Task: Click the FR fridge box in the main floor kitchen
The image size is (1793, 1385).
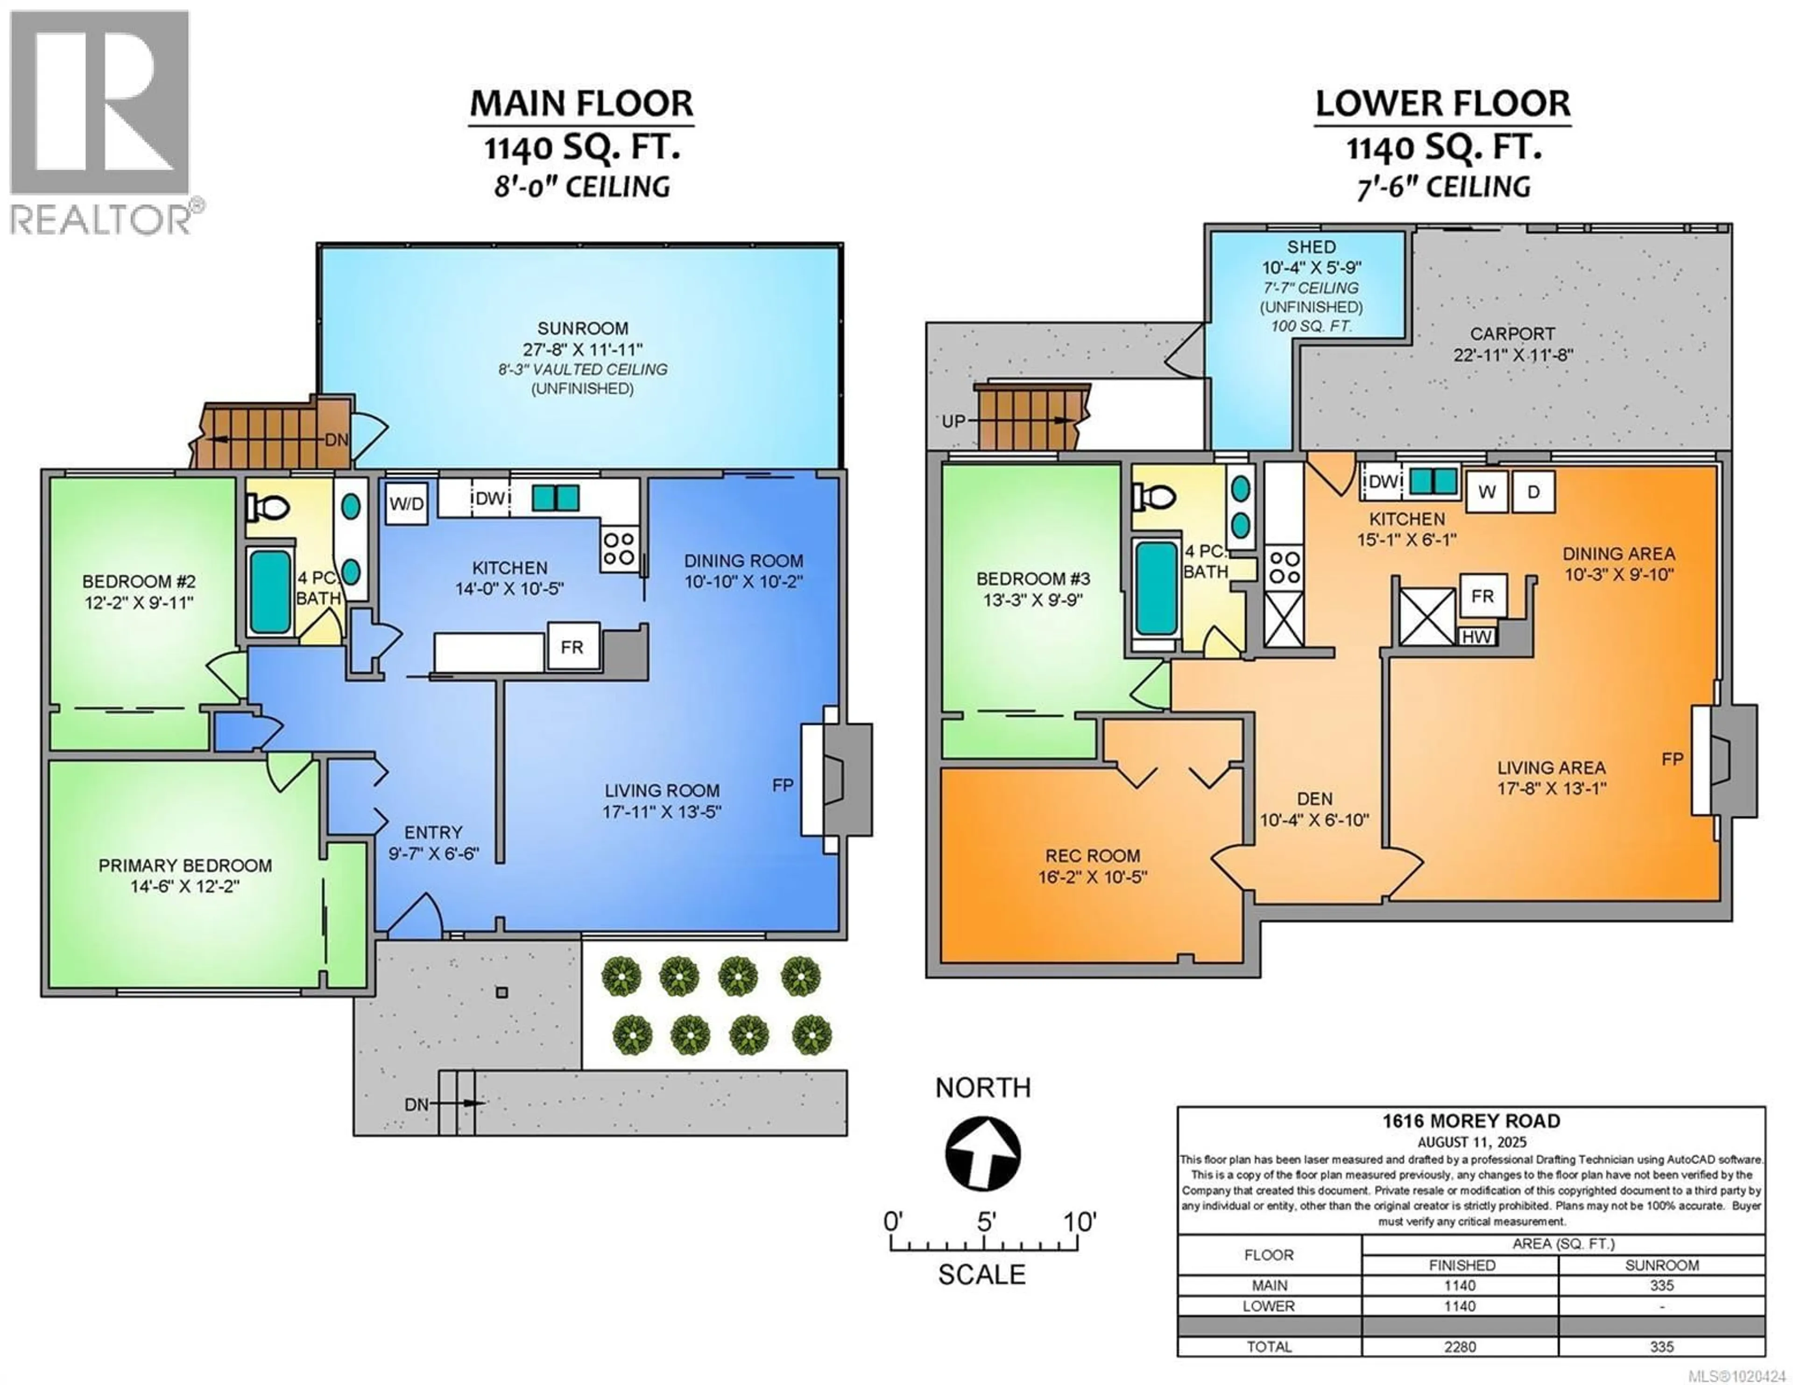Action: point(572,647)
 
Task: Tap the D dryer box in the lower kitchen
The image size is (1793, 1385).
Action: point(1533,492)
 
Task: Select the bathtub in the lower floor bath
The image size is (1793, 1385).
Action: point(1156,588)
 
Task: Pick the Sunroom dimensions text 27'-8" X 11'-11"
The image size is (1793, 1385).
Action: point(582,349)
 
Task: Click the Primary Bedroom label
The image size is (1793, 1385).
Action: point(185,865)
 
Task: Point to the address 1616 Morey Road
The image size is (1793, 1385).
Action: point(1470,1121)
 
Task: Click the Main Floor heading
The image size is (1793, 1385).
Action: point(581,104)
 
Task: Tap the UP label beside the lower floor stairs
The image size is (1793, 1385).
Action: point(953,421)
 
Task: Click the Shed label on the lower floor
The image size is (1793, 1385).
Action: point(1311,246)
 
